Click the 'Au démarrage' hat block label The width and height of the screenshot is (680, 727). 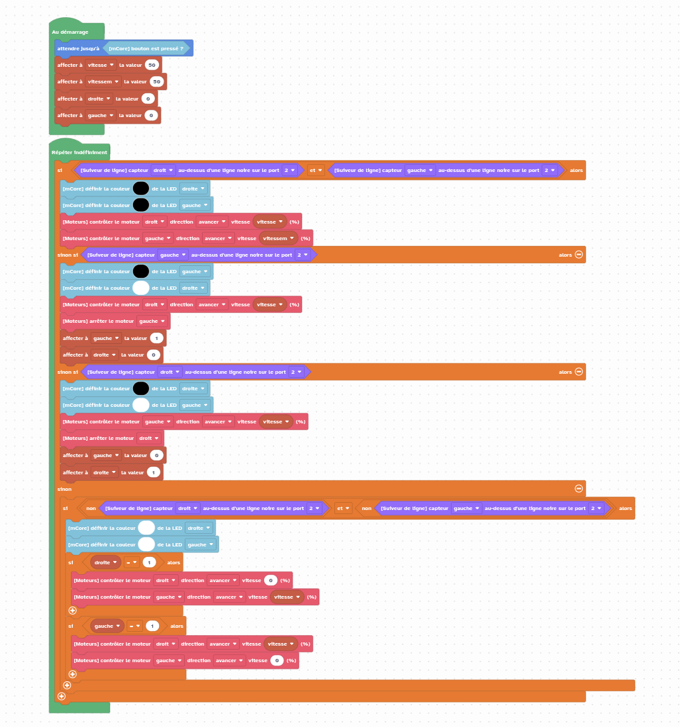70,32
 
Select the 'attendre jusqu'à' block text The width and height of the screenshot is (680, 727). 78,48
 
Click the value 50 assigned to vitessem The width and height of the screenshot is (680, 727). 157,81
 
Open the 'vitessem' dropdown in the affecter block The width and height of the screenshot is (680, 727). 103,81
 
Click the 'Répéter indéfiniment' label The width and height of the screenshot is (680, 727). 79,152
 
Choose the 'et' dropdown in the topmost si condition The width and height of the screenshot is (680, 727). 316,170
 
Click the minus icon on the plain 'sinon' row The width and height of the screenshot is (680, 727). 578,488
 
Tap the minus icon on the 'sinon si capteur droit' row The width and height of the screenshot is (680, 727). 578,372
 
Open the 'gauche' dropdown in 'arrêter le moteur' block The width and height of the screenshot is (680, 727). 152,321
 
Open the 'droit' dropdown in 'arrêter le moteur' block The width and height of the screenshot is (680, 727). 148,438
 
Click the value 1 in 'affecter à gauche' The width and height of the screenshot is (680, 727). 157,338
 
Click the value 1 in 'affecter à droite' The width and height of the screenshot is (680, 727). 153,472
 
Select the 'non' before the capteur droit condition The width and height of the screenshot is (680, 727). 91,509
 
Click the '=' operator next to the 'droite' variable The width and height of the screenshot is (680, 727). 131,562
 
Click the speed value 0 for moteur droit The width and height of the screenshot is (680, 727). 270,580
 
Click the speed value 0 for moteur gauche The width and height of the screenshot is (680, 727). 277,660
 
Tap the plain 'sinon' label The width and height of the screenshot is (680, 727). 65,489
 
